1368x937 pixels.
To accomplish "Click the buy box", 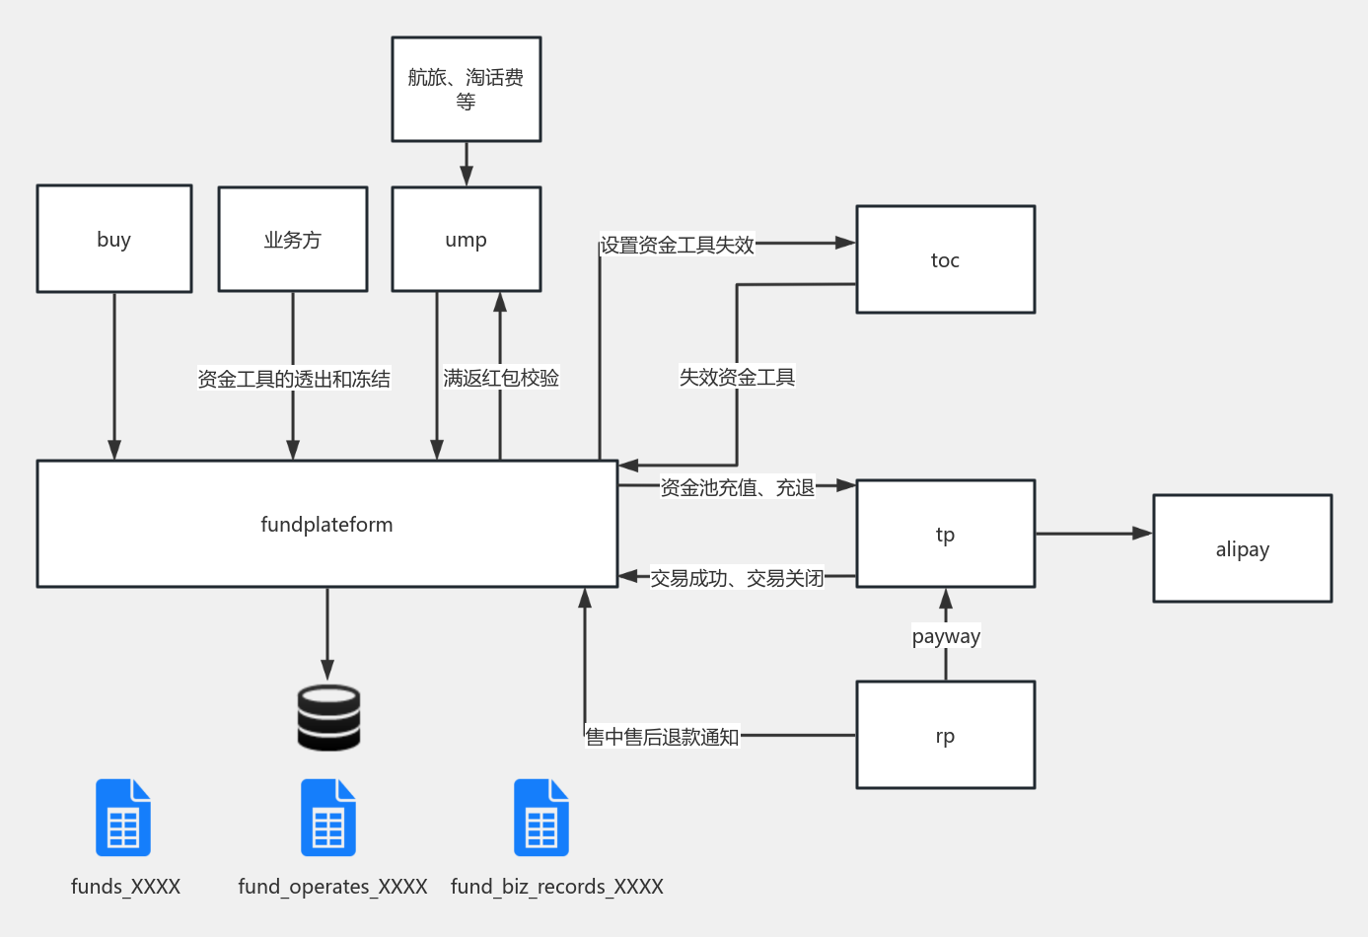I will click(x=114, y=239).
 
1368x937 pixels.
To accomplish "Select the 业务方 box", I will click(x=293, y=240).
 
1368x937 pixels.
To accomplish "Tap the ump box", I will click(x=466, y=240).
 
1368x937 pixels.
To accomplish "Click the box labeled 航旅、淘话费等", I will click(x=466, y=89).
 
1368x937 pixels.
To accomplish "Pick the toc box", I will click(x=945, y=259).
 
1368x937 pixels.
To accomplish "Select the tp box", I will click(x=945, y=534).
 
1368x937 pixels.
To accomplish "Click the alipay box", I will click(x=1242, y=548).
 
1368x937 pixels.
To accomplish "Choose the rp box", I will click(x=945, y=735).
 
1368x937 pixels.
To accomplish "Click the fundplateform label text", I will click(x=326, y=525).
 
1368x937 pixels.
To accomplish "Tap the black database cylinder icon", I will click(x=328, y=718).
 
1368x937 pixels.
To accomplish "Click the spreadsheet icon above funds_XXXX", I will click(x=123, y=818).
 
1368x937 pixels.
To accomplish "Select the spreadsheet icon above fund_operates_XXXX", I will click(x=328, y=818).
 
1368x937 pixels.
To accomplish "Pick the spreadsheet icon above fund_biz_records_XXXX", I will click(x=541, y=818).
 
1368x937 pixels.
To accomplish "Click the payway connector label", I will click(x=946, y=636).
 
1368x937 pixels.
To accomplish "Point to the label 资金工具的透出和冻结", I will click(x=294, y=379).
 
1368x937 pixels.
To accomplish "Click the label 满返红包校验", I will click(x=501, y=378).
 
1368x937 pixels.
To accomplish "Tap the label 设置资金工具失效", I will click(x=678, y=245).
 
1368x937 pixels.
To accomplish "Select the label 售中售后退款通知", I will click(x=662, y=737).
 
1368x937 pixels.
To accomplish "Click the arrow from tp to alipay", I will click(x=1093, y=534).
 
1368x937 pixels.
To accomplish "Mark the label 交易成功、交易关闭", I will click(x=737, y=578).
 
